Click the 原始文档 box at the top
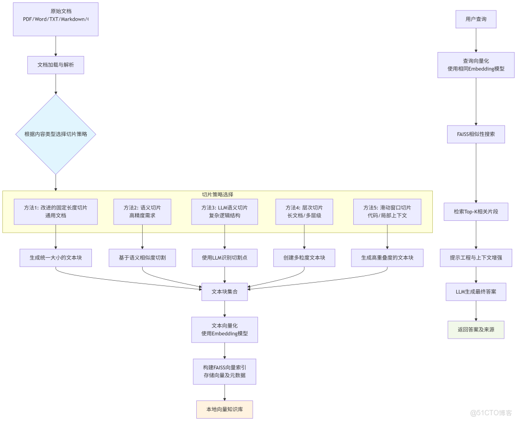point(56,19)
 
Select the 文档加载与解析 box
point(56,65)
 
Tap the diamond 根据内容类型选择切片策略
point(56,134)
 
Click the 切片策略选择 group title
point(217,194)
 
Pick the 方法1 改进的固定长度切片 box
point(56,212)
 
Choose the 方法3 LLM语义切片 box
point(225,212)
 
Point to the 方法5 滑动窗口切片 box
point(387,212)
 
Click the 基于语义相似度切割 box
point(143,258)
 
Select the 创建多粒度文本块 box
point(304,258)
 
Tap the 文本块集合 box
point(225,291)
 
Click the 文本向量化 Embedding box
point(225,330)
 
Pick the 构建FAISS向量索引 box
point(225,371)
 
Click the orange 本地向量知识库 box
point(225,410)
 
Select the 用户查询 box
point(476,19)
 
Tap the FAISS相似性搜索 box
point(476,134)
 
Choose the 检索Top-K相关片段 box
point(476,212)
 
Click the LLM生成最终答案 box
point(476,291)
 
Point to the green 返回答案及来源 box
point(476,330)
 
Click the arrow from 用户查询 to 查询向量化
point(476,40)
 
